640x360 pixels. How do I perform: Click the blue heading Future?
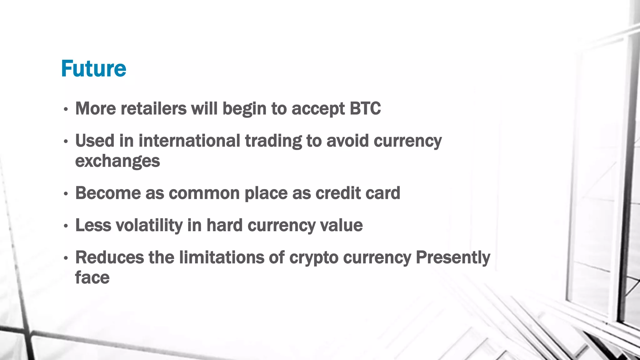pos(93,68)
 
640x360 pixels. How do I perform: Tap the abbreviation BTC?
pos(365,108)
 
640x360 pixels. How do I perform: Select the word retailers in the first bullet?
pos(153,108)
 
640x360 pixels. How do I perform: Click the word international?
pos(189,141)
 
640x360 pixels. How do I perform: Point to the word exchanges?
pos(117,161)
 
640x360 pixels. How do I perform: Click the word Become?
pos(108,193)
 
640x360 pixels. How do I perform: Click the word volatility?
pos(149,225)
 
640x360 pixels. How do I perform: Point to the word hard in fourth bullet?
pos(224,225)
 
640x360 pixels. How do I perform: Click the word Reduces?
pos(110,257)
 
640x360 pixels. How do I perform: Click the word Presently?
pos(453,258)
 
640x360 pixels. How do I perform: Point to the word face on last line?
pos(92,277)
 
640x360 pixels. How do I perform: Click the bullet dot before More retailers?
pos(66,110)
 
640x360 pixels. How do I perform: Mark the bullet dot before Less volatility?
pos(66,226)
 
